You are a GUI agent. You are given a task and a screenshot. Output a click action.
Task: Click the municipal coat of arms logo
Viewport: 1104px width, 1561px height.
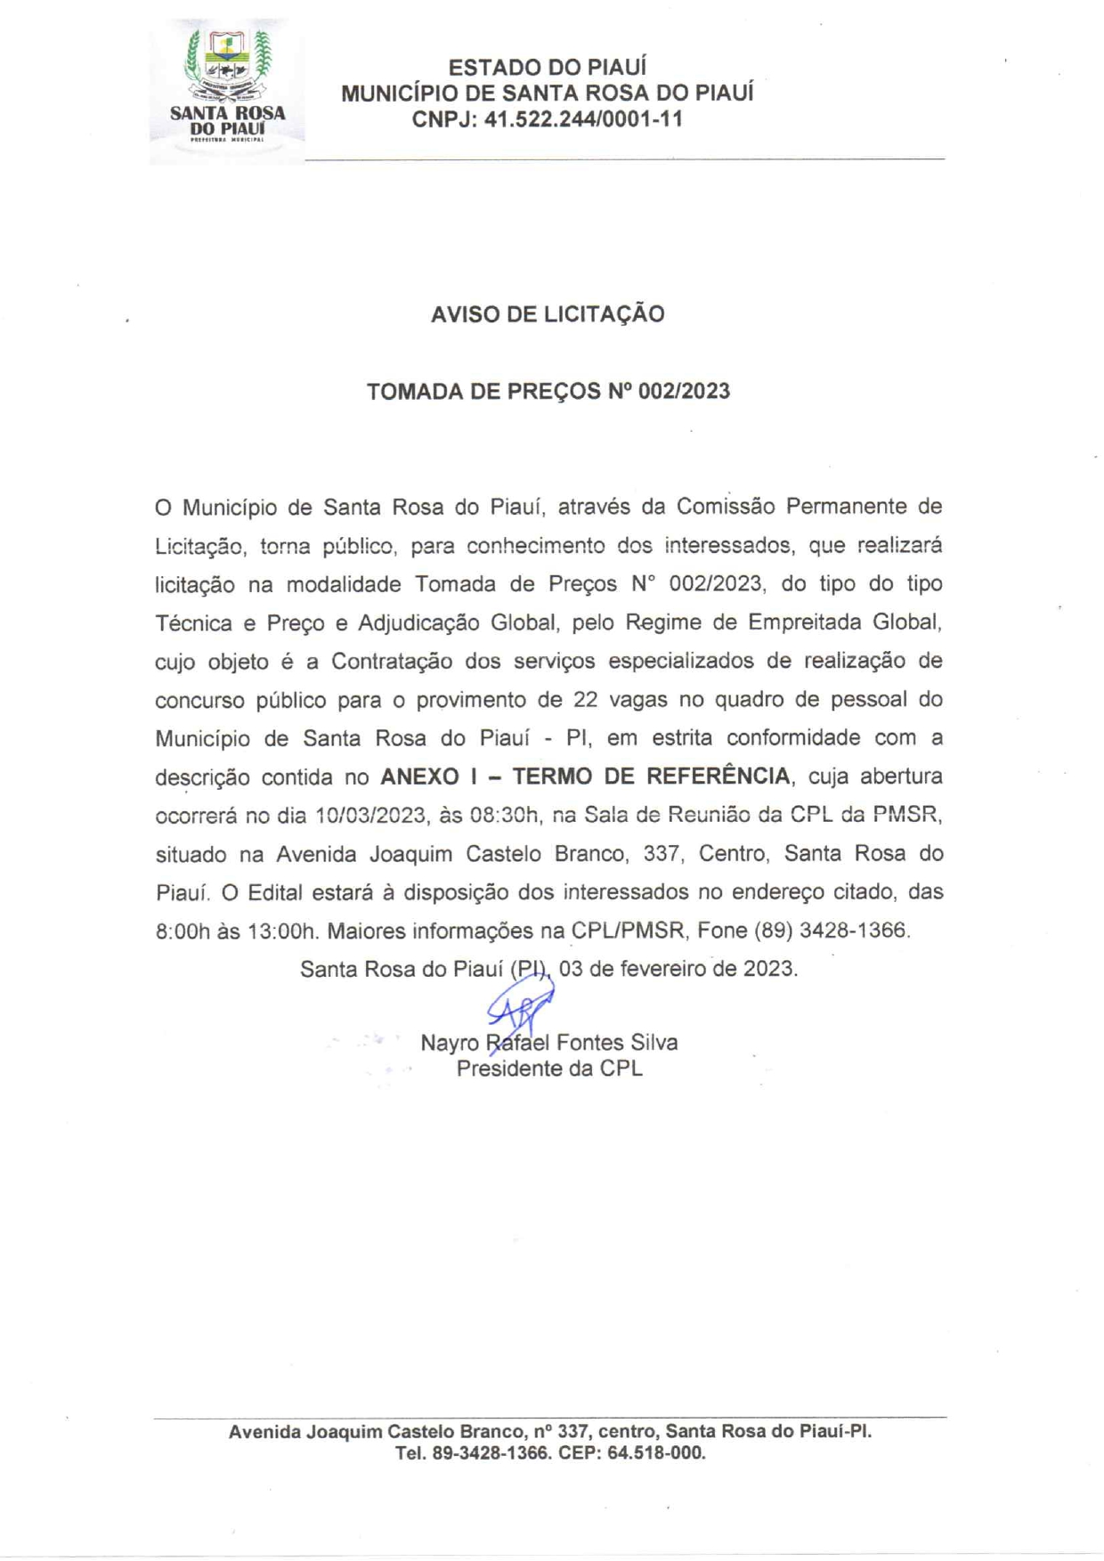pyautogui.click(x=227, y=89)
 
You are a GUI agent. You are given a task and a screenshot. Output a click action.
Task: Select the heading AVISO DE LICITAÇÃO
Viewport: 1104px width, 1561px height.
pyautogui.click(x=548, y=314)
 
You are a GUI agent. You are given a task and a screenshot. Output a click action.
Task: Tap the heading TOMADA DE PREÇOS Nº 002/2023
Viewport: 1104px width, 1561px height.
pyautogui.click(x=548, y=392)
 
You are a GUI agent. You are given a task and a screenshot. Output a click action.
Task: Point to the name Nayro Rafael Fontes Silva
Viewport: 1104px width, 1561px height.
pyautogui.click(x=548, y=1043)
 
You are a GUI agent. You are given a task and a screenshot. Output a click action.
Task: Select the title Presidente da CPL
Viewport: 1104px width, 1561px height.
pyautogui.click(x=548, y=1069)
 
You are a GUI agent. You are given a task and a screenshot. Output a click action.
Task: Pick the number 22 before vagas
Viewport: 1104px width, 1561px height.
pyautogui.click(x=585, y=700)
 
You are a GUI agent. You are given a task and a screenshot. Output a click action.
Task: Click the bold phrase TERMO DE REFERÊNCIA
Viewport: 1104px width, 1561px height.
pyautogui.click(x=651, y=776)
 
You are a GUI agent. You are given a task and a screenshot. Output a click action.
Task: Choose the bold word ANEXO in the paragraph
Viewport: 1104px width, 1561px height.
pyautogui.click(x=419, y=776)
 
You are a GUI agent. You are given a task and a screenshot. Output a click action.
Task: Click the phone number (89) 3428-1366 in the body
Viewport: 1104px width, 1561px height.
pyautogui.click(x=831, y=931)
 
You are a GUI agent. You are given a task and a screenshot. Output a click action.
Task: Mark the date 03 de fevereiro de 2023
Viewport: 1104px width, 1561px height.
pyautogui.click(x=678, y=969)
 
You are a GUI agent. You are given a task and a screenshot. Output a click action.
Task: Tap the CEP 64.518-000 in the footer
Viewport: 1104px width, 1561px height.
pyautogui.click(x=656, y=1453)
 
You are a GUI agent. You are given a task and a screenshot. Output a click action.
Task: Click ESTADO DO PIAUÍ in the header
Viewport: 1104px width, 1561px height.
pyautogui.click(x=547, y=68)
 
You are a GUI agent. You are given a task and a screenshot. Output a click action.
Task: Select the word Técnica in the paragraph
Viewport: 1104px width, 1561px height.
pyautogui.click(x=193, y=623)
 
